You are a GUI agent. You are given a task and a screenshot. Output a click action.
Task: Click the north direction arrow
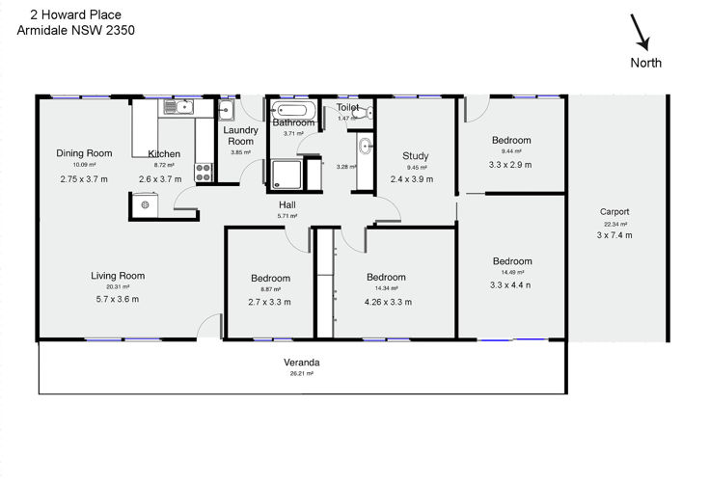pos(641,32)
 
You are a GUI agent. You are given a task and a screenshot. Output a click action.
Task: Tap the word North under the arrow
pos(645,63)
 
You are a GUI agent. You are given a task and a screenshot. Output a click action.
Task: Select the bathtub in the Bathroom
pos(293,110)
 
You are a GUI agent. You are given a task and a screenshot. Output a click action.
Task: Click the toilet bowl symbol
pos(369,112)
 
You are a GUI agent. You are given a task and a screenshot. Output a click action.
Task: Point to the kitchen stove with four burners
pos(204,172)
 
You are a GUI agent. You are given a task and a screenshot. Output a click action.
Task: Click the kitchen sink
pos(178,107)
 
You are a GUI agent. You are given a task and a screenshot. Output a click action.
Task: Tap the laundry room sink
pos(226,110)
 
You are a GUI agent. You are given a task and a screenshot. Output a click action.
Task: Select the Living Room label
pos(118,276)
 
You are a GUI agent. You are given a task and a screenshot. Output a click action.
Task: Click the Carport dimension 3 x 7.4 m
pos(614,235)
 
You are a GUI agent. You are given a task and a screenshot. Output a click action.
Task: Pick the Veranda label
pos(302,363)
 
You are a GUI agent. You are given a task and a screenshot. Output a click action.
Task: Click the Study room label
pos(415,156)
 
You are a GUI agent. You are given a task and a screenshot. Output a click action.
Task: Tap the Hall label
pos(287,205)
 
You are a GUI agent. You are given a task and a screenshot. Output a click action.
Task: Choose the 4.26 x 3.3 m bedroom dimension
pos(388,302)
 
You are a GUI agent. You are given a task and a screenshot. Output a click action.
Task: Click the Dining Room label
pos(84,153)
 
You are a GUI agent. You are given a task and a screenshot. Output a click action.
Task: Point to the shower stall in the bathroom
pos(287,175)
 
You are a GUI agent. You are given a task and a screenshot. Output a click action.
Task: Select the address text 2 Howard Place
pos(75,14)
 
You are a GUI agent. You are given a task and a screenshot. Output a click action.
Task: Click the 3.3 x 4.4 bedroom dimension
pos(510,285)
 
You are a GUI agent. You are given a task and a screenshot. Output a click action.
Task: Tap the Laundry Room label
pos(240,136)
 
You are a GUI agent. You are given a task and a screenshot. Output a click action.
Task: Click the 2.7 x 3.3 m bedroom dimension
pos(269,302)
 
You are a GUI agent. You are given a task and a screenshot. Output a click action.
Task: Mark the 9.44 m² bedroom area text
pos(510,151)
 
